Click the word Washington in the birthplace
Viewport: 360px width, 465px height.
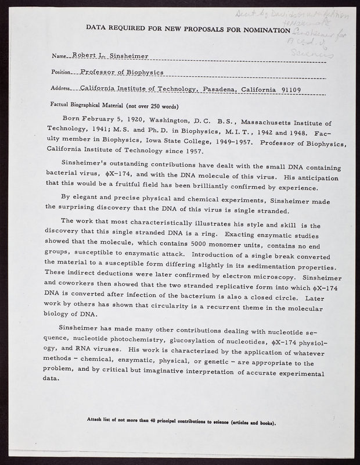170,123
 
